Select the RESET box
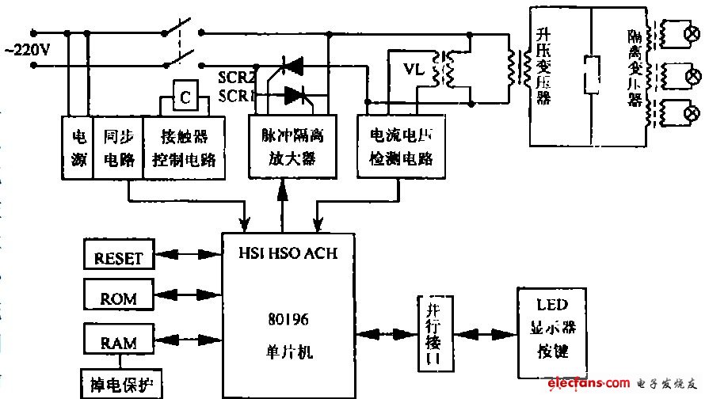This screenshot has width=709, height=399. click(119, 256)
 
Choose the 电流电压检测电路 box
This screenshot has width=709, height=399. click(396, 146)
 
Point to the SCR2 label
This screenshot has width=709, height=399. click(235, 77)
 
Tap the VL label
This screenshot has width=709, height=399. click(414, 70)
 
